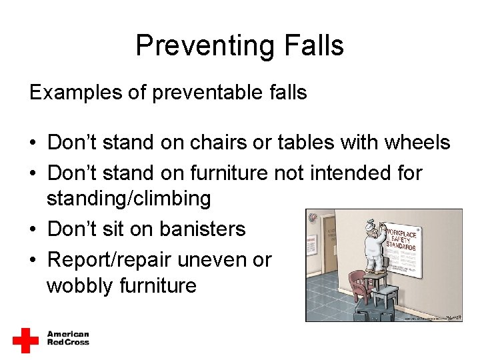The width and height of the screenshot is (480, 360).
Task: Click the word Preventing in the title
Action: click(193, 46)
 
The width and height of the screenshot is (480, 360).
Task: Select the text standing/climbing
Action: click(129, 198)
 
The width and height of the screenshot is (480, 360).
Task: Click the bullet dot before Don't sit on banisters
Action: click(33, 229)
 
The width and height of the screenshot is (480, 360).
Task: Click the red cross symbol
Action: click(26, 340)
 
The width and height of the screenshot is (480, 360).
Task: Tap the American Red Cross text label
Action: click(68, 339)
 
